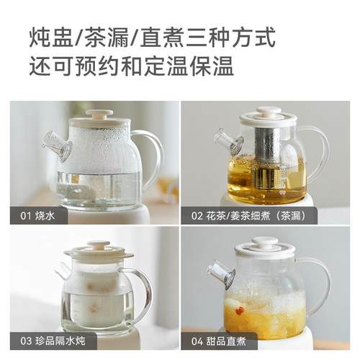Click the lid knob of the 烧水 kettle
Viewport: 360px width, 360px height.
pos(99,114)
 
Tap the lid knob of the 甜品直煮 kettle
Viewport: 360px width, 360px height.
pos(264,242)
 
